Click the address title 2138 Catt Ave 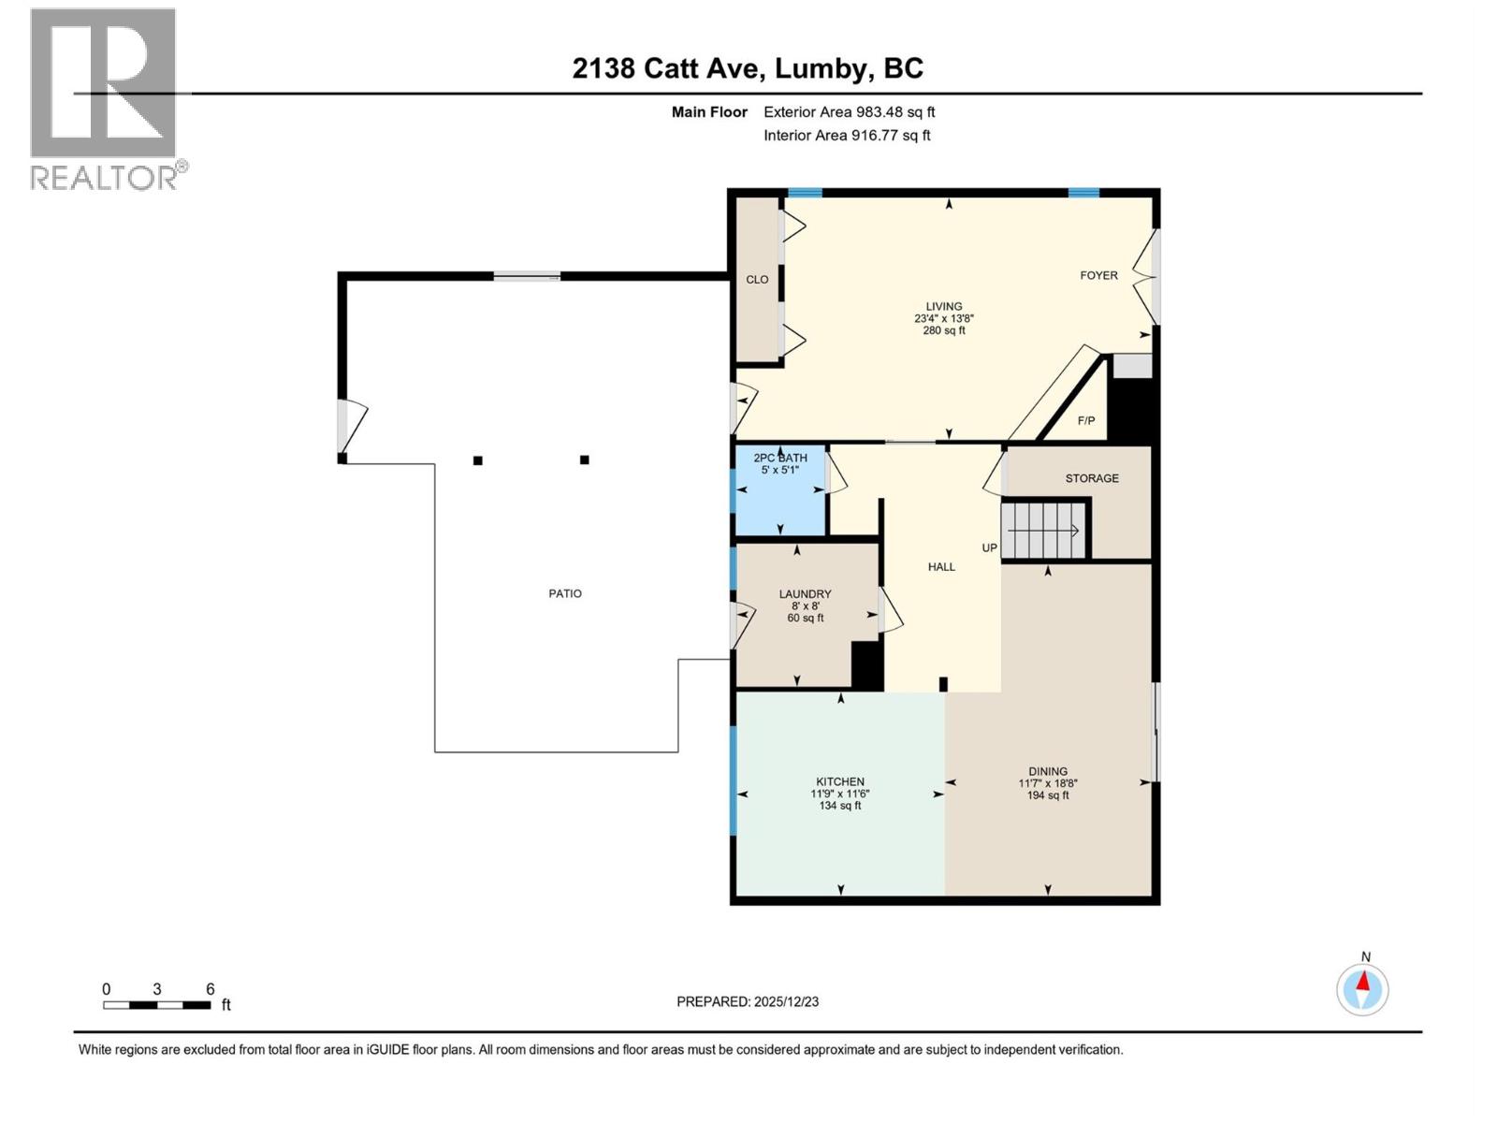(x=748, y=68)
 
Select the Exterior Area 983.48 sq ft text (x=849, y=112)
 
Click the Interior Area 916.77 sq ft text (x=847, y=135)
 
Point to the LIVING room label (x=943, y=306)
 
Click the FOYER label (x=1098, y=275)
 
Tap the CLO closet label (x=757, y=280)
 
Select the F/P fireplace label (x=1085, y=421)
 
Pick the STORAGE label (x=1091, y=478)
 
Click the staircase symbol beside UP (x=1045, y=531)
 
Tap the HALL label (x=941, y=567)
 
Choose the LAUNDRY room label (x=805, y=594)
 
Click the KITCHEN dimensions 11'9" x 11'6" (x=839, y=794)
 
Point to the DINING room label (x=1047, y=772)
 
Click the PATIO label (x=565, y=593)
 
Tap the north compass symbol (x=1362, y=988)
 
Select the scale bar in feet (x=157, y=1005)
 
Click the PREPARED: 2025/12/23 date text (x=747, y=1001)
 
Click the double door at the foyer (x=1149, y=276)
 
